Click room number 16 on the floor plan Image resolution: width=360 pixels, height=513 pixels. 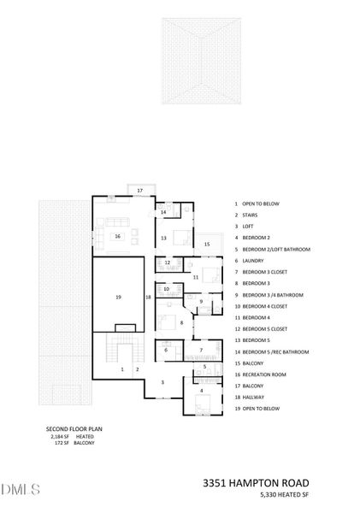[119, 236]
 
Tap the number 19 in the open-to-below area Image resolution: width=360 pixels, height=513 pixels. [118, 296]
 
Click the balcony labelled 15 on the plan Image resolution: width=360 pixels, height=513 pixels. [206, 245]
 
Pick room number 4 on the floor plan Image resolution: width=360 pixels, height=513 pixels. [202, 391]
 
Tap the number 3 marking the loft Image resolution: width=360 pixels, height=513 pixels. [162, 382]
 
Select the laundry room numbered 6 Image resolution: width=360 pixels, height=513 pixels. [166, 350]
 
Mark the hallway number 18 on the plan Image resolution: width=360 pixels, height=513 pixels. [148, 296]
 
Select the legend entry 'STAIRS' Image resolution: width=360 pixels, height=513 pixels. [249, 215]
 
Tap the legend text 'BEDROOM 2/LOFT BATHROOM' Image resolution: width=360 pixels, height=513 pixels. [275, 250]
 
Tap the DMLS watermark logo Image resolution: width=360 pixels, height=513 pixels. [21, 489]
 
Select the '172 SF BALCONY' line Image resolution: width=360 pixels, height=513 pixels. [74, 443]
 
